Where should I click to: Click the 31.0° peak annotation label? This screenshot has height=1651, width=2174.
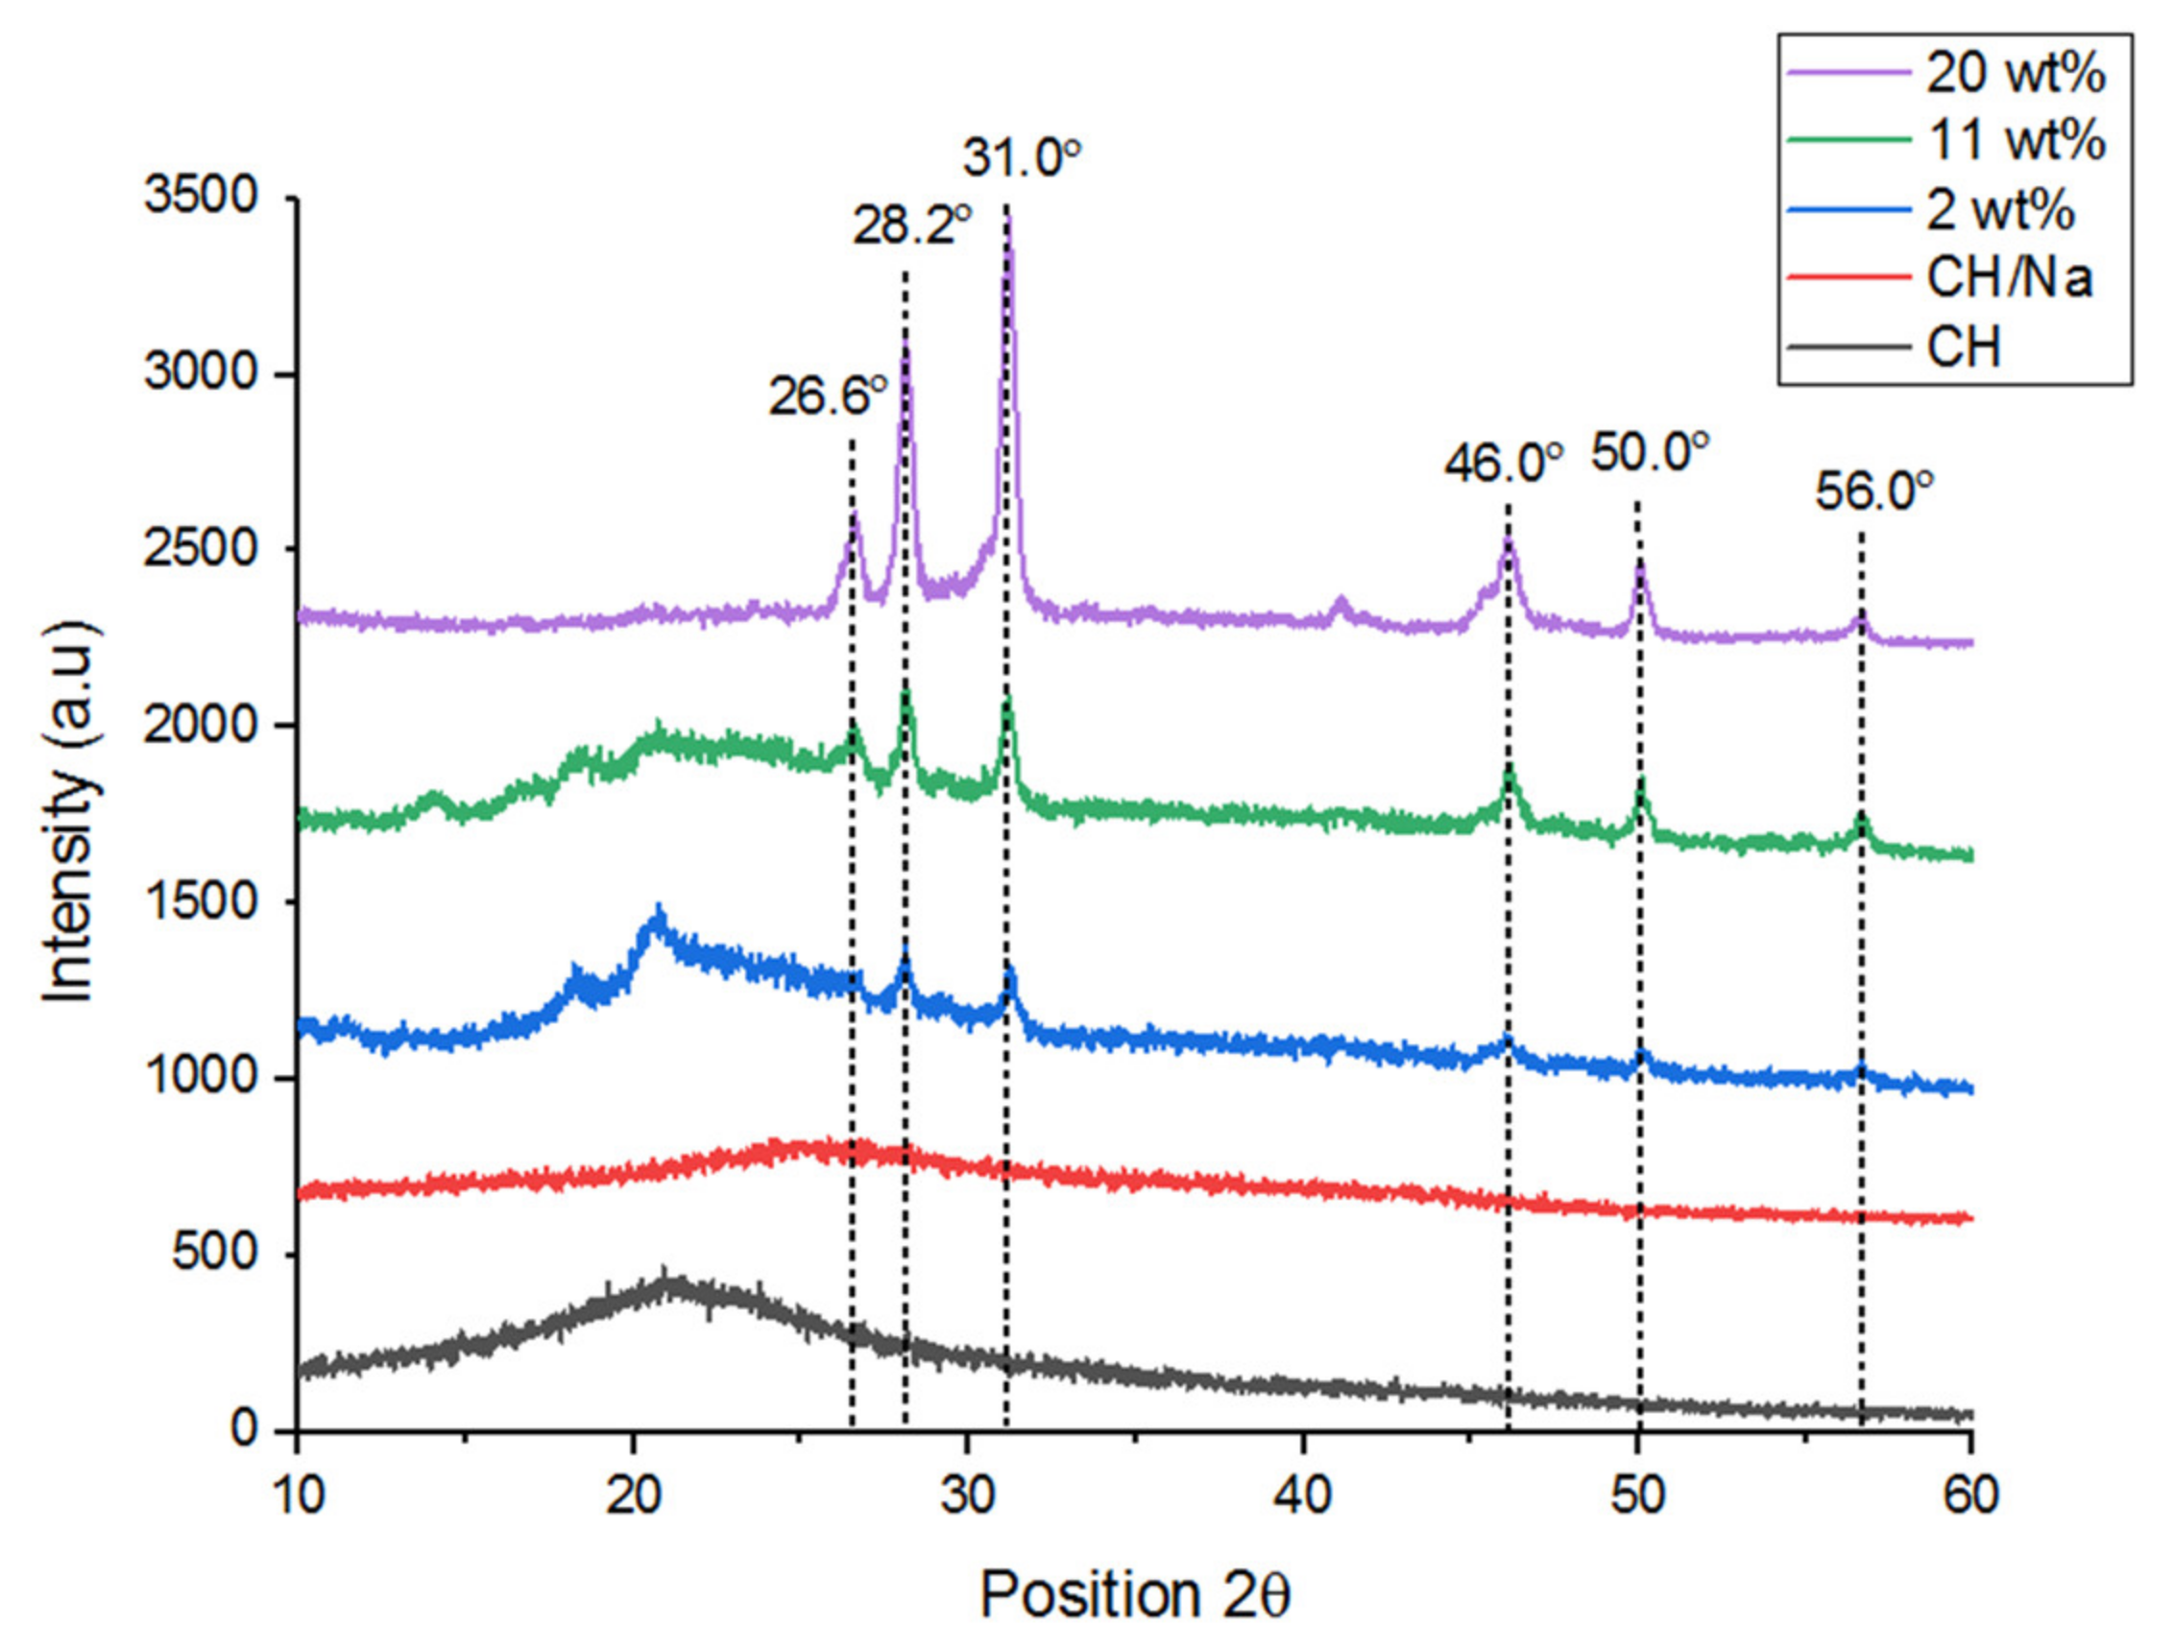(x=1021, y=158)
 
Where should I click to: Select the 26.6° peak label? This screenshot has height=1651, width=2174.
(x=828, y=397)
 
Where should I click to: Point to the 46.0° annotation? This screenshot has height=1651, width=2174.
(x=1503, y=462)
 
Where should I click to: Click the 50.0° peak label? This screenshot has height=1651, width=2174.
(x=1650, y=452)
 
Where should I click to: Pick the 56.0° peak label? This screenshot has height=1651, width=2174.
(x=1873, y=491)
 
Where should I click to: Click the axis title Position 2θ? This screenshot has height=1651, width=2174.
(x=1134, y=1594)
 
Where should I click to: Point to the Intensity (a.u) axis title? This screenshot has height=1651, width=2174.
(x=71, y=812)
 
